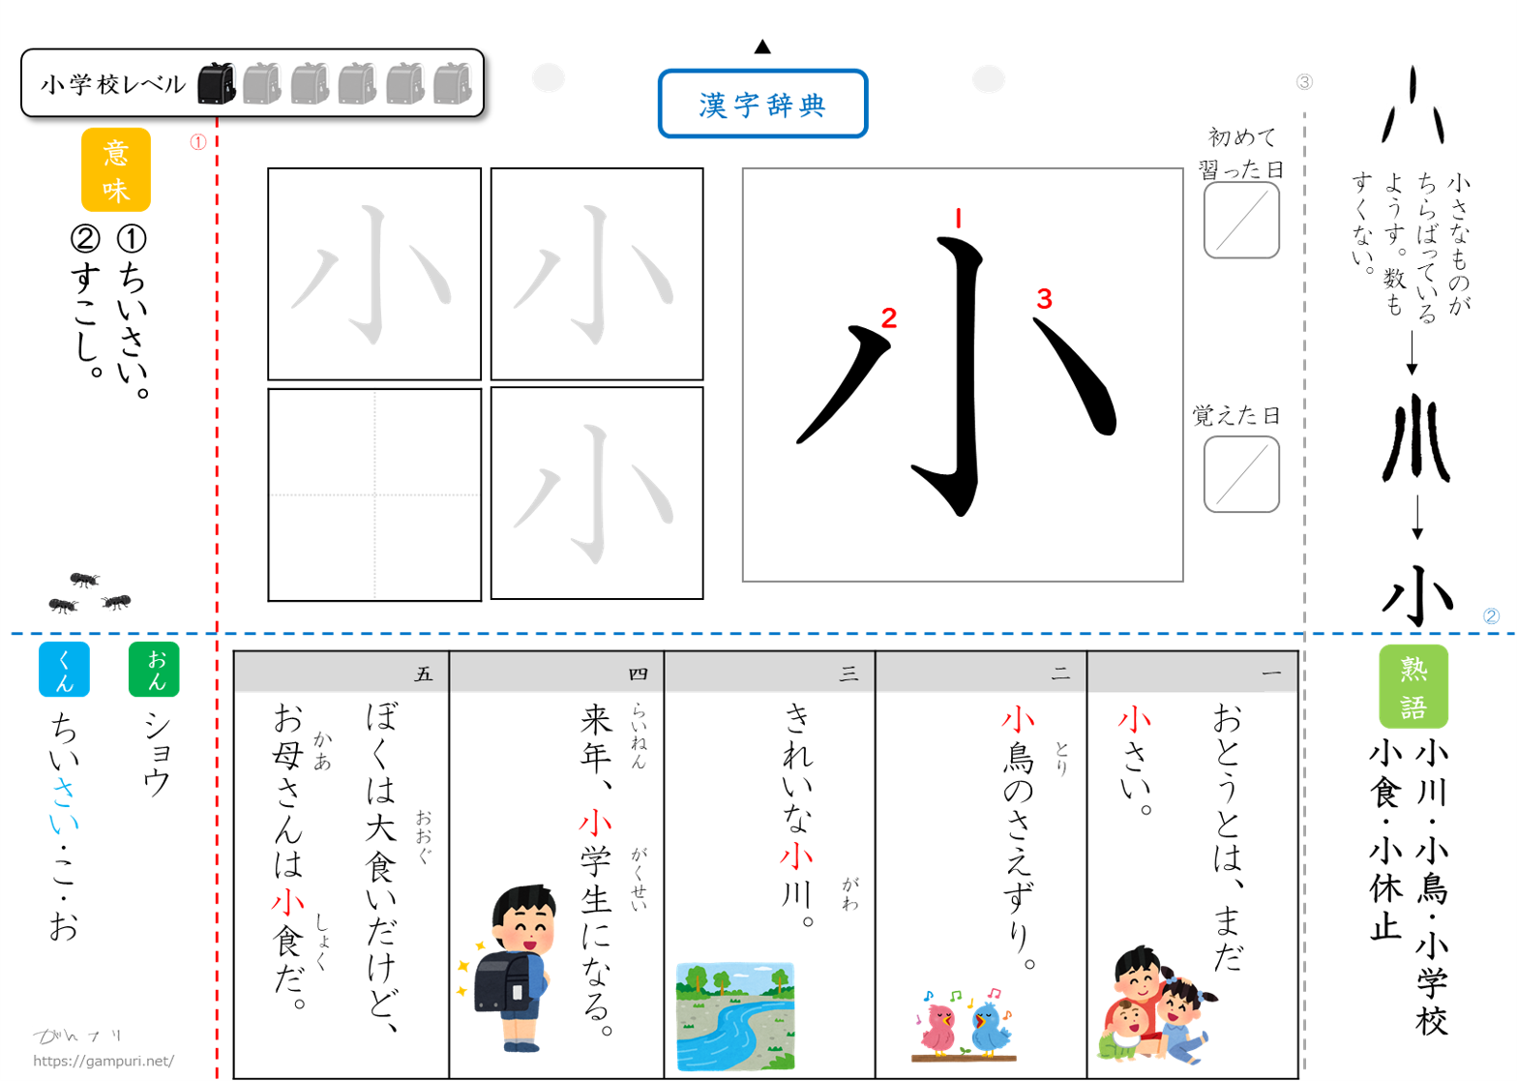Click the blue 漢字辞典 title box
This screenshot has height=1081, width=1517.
point(762,104)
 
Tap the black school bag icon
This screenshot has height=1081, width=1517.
point(217,83)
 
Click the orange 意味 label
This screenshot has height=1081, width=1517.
point(116,170)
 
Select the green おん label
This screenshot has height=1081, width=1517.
point(154,669)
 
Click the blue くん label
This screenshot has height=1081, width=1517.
point(64,669)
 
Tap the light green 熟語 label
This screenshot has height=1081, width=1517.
point(1413,686)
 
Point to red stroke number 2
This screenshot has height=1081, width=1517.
point(888,317)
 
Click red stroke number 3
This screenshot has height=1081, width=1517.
point(1044,299)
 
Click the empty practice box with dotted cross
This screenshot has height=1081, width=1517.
point(374,495)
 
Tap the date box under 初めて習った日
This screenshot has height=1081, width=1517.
point(1241,220)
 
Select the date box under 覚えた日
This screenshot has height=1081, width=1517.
point(1241,474)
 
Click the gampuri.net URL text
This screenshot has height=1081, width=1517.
point(104,1061)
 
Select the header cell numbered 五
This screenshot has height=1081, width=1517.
point(342,673)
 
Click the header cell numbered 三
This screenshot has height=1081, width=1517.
point(769,673)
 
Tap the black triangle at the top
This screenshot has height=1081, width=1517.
point(762,46)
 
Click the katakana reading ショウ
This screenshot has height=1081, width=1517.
point(157,755)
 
